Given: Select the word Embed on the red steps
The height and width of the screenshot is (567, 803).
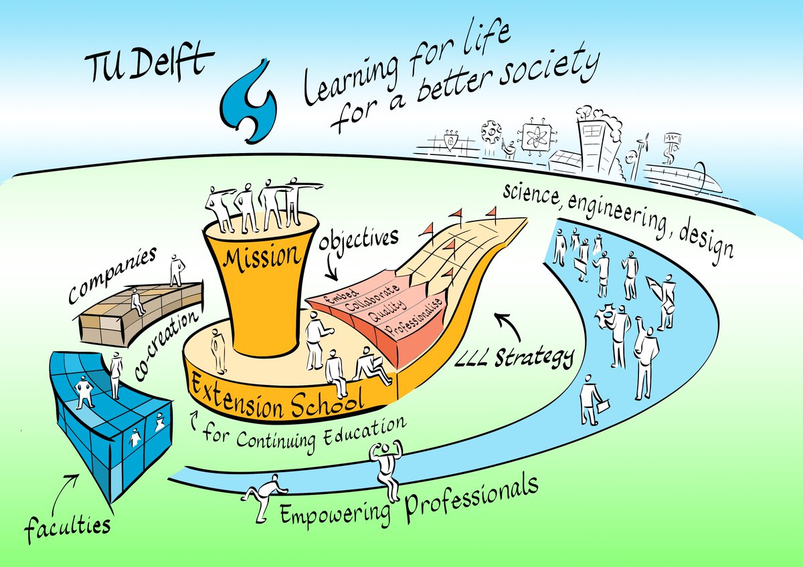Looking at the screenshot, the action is pyautogui.click(x=341, y=298).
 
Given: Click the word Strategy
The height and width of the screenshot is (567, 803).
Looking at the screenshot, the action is pyautogui.click(x=534, y=357).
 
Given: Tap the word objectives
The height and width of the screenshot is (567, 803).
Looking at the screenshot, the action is pyautogui.click(x=359, y=239).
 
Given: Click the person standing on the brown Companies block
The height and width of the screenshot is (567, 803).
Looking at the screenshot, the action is pyautogui.click(x=177, y=270).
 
